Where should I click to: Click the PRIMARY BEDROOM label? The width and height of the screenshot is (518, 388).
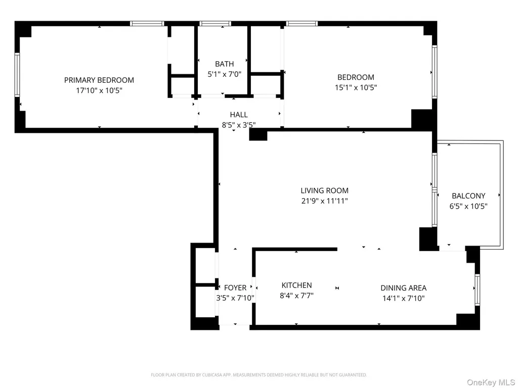click(99, 80)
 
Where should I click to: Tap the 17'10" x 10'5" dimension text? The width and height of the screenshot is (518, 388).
click(99, 90)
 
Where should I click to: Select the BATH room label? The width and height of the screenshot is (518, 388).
click(224, 64)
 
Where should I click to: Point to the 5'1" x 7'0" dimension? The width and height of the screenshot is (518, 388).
click(224, 74)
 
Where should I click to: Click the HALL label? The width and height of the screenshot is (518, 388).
click(239, 115)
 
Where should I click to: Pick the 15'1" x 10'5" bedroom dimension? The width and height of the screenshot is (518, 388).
click(356, 87)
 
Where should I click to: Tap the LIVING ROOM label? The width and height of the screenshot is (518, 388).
click(324, 190)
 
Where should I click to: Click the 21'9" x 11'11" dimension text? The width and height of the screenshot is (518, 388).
click(324, 201)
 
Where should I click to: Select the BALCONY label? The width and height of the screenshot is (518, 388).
click(468, 196)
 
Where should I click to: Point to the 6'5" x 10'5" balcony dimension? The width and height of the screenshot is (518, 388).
click(468, 206)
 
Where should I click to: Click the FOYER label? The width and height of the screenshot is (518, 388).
click(235, 287)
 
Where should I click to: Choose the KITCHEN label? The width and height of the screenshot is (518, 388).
click(296, 285)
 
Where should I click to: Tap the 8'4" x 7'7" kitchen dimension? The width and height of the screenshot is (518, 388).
click(296, 296)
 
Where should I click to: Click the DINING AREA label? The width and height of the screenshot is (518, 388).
click(403, 288)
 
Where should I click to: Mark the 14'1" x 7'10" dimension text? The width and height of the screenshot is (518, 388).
click(403, 298)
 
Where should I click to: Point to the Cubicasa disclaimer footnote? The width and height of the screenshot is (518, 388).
click(258, 375)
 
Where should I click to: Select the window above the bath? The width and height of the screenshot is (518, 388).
click(215, 23)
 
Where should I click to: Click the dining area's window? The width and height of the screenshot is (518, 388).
click(477, 290)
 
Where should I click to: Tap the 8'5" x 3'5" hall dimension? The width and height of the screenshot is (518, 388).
click(239, 125)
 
